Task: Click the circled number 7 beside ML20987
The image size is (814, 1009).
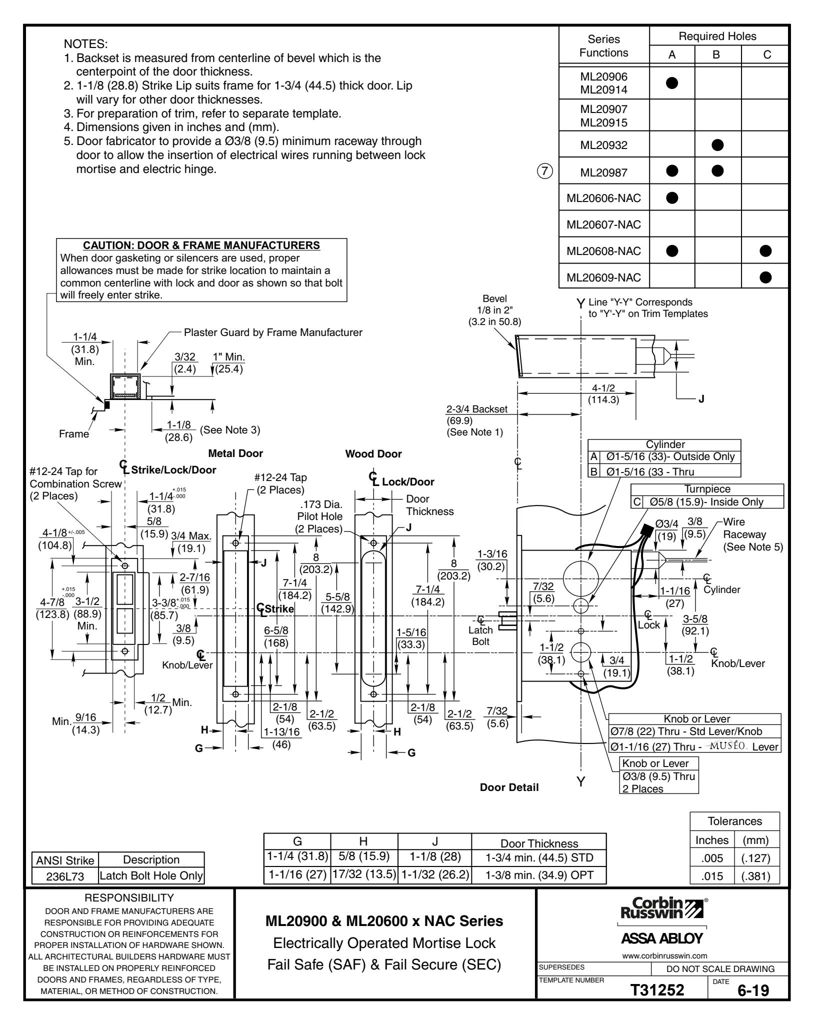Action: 545,171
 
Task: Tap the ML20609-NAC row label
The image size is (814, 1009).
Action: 603,276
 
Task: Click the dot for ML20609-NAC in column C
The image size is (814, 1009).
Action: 765,276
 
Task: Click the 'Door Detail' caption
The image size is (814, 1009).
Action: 508,787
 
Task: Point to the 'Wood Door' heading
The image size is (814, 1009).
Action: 373,454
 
